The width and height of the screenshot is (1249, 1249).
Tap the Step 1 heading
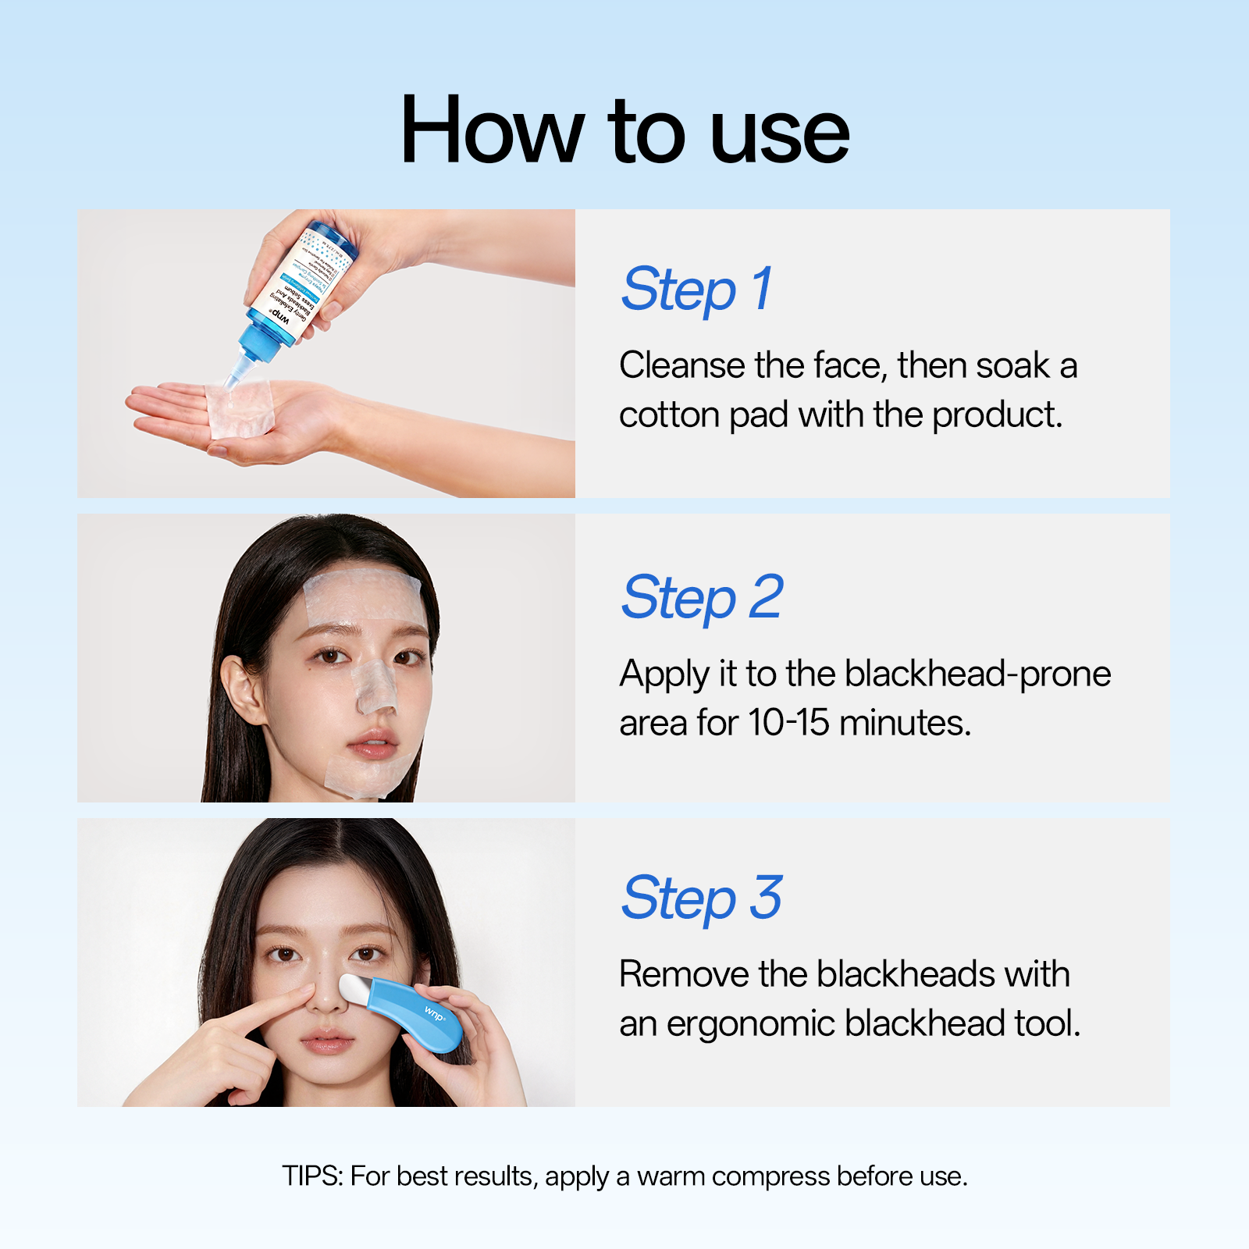click(697, 289)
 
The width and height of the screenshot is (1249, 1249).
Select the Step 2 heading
click(702, 597)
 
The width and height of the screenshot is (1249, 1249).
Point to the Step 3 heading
click(702, 898)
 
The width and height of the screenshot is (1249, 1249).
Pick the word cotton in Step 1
click(669, 415)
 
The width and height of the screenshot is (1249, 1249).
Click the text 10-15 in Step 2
click(788, 723)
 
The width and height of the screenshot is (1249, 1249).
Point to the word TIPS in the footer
click(311, 1176)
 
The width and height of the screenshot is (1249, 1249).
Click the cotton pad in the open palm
click(240, 409)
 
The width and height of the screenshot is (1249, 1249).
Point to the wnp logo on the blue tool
click(435, 1015)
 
